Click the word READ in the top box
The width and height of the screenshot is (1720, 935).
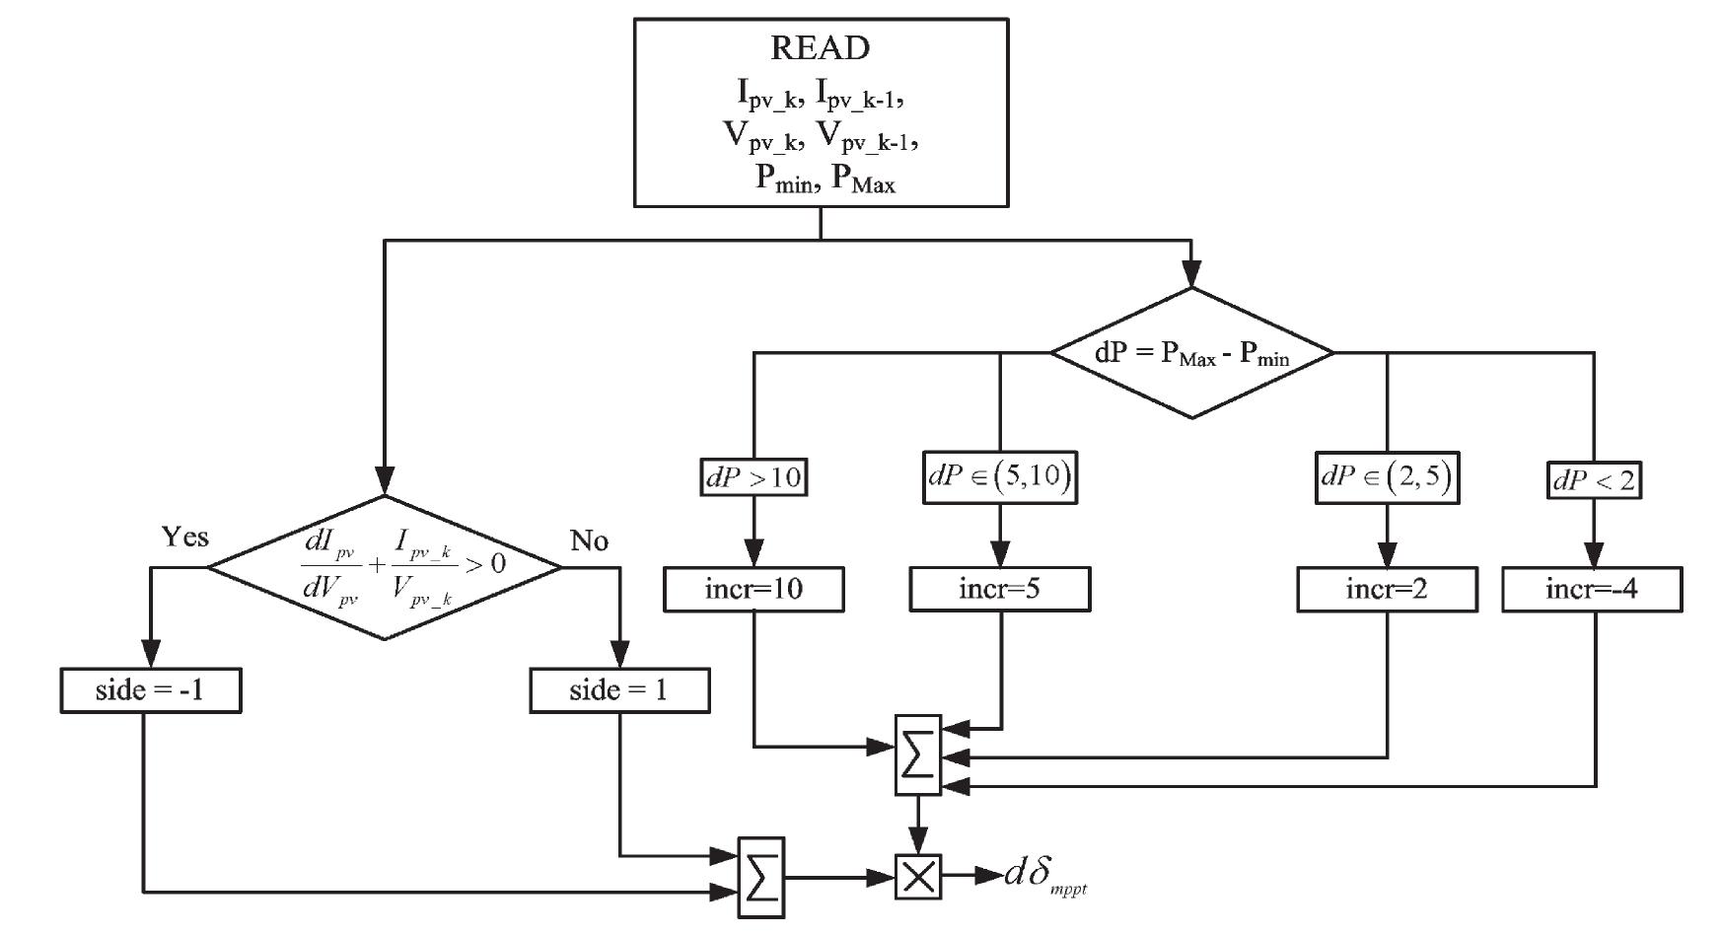click(820, 47)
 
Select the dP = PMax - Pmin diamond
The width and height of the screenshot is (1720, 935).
click(1191, 353)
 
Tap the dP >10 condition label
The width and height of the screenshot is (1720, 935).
click(754, 477)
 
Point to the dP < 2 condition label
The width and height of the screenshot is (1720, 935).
click(1593, 480)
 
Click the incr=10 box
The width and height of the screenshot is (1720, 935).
click(753, 590)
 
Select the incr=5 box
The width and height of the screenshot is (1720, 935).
click(1000, 590)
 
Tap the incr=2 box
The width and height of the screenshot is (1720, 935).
click(1387, 590)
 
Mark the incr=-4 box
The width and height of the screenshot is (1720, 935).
click(1592, 590)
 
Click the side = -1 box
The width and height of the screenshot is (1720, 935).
click(150, 690)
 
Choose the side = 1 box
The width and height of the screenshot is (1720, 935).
click(618, 690)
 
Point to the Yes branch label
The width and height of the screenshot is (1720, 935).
click(185, 537)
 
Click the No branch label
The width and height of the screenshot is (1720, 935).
click(589, 540)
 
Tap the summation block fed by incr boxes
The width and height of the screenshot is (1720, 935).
click(918, 755)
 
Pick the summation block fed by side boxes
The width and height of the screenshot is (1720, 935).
click(761, 878)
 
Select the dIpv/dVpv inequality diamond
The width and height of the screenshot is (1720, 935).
click(385, 567)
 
